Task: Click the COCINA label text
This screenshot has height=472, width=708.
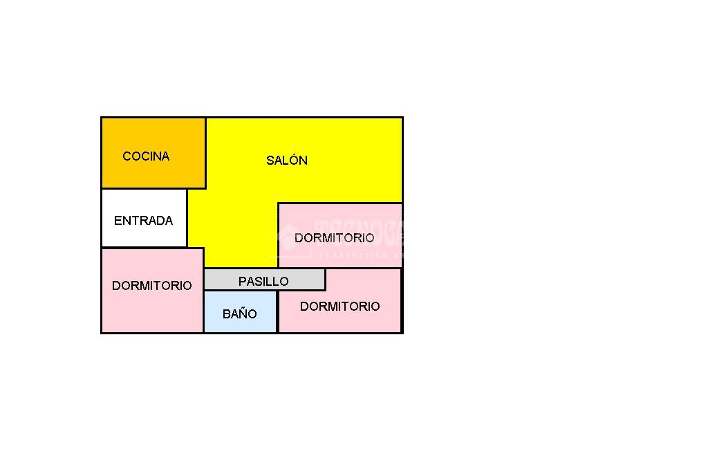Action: click(x=146, y=156)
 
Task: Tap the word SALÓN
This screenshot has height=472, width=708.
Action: click(x=287, y=161)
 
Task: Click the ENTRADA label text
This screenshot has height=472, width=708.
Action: click(x=143, y=221)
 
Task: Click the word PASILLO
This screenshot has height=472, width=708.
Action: click(x=263, y=282)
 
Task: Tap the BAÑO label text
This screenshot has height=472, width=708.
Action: click(x=239, y=314)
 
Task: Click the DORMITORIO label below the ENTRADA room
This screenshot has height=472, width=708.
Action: click(x=151, y=286)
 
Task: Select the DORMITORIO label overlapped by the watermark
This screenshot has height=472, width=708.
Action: click(x=334, y=238)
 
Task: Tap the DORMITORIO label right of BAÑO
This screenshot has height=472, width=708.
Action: click(x=339, y=307)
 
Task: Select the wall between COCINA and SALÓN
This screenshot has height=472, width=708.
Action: click(x=205, y=152)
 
